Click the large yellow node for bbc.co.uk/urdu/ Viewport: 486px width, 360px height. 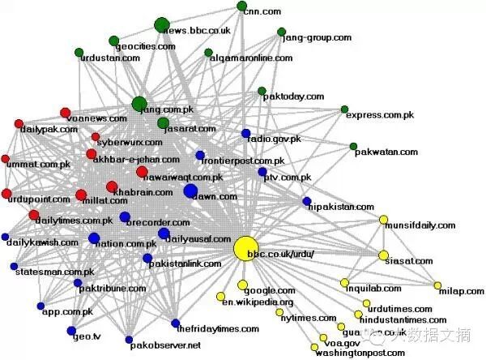coord(245,249)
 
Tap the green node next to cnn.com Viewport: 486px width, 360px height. coord(242,6)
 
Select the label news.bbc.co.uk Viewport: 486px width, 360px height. coord(197,30)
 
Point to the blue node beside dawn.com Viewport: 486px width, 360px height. coord(190,191)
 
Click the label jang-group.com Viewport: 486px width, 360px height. coord(320,37)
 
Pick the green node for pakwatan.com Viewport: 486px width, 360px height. coord(353,147)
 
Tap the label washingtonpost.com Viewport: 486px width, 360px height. coord(360,354)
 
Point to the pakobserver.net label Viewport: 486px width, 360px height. coord(165,345)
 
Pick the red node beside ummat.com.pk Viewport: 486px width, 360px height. coord(6,159)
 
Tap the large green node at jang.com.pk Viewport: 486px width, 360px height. coord(139,104)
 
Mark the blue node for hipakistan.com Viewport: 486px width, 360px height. coord(306,200)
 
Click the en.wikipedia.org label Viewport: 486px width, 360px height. coord(258,302)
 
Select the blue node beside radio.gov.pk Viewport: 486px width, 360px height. coord(246,133)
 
